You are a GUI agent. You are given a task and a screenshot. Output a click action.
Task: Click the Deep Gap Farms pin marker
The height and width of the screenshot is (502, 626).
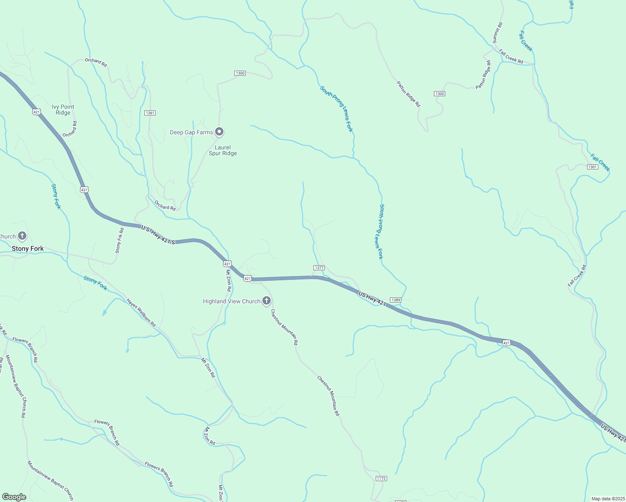click(x=219, y=132)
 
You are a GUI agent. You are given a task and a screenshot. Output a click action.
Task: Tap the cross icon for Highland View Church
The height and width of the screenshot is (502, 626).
click(x=267, y=301)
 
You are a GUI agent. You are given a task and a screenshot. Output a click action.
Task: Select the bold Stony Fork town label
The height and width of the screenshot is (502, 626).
click(x=28, y=248)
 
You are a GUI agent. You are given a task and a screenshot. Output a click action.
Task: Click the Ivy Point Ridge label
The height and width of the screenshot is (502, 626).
click(x=63, y=110)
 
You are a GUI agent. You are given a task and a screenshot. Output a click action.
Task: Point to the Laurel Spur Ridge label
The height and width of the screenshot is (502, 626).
click(x=223, y=150)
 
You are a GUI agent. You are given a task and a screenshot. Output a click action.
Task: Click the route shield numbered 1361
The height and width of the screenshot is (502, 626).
click(x=150, y=113)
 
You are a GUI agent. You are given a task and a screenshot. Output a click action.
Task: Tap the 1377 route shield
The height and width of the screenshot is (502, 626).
click(x=319, y=268)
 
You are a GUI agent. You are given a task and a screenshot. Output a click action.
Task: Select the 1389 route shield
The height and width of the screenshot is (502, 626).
click(x=395, y=300)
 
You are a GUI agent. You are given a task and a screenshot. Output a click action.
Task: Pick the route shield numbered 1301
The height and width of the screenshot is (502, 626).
click(x=593, y=167)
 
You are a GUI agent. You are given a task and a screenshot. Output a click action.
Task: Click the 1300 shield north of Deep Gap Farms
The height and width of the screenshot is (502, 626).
click(x=240, y=73)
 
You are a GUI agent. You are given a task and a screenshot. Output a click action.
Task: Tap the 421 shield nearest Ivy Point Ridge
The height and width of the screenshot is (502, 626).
click(x=36, y=112)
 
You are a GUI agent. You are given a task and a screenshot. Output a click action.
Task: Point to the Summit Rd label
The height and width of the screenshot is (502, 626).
click(x=497, y=33)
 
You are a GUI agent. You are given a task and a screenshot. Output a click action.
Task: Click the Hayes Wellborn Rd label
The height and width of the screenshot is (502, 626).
click(x=141, y=313)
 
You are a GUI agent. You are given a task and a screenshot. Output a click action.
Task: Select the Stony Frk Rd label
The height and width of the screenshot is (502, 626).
click(x=120, y=241)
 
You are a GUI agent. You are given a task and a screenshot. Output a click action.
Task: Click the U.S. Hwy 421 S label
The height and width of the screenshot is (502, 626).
click(x=158, y=235)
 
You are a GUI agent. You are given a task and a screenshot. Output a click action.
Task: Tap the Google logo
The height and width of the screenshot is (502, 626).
click(x=14, y=497)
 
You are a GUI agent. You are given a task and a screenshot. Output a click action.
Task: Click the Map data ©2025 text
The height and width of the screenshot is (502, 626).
click(x=608, y=499)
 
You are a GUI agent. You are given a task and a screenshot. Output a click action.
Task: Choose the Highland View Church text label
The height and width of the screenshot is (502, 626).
click(x=231, y=301)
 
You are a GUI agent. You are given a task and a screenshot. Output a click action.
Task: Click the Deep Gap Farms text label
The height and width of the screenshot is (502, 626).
click(x=191, y=132)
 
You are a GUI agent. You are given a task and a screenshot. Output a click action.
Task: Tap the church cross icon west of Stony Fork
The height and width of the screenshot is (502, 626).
click(x=22, y=236)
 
